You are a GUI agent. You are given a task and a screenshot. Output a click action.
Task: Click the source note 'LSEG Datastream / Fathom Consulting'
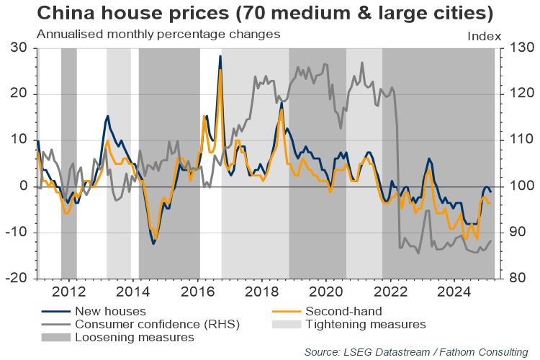pyautogui.click(x=416, y=351)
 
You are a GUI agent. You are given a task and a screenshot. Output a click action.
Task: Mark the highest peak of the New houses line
pyautogui.click(x=220, y=56)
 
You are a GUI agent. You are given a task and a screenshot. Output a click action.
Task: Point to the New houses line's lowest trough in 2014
pyautogui.click(x=153, y=244)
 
